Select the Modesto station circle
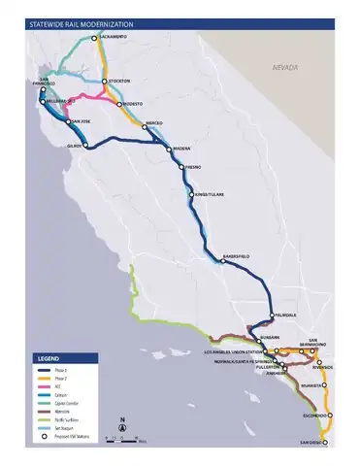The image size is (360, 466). [115, 103]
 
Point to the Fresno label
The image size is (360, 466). [193, 168]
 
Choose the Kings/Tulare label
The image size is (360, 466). [210, 195]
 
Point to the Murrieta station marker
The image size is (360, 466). [325, 384]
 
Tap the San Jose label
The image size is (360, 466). [81, 121]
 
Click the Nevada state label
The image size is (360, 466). [285, 68]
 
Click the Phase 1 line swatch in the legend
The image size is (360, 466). [45, 371]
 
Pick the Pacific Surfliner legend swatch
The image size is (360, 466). [45, 414]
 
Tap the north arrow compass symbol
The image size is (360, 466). [122, 423]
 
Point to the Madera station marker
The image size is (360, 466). [170, 149]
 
